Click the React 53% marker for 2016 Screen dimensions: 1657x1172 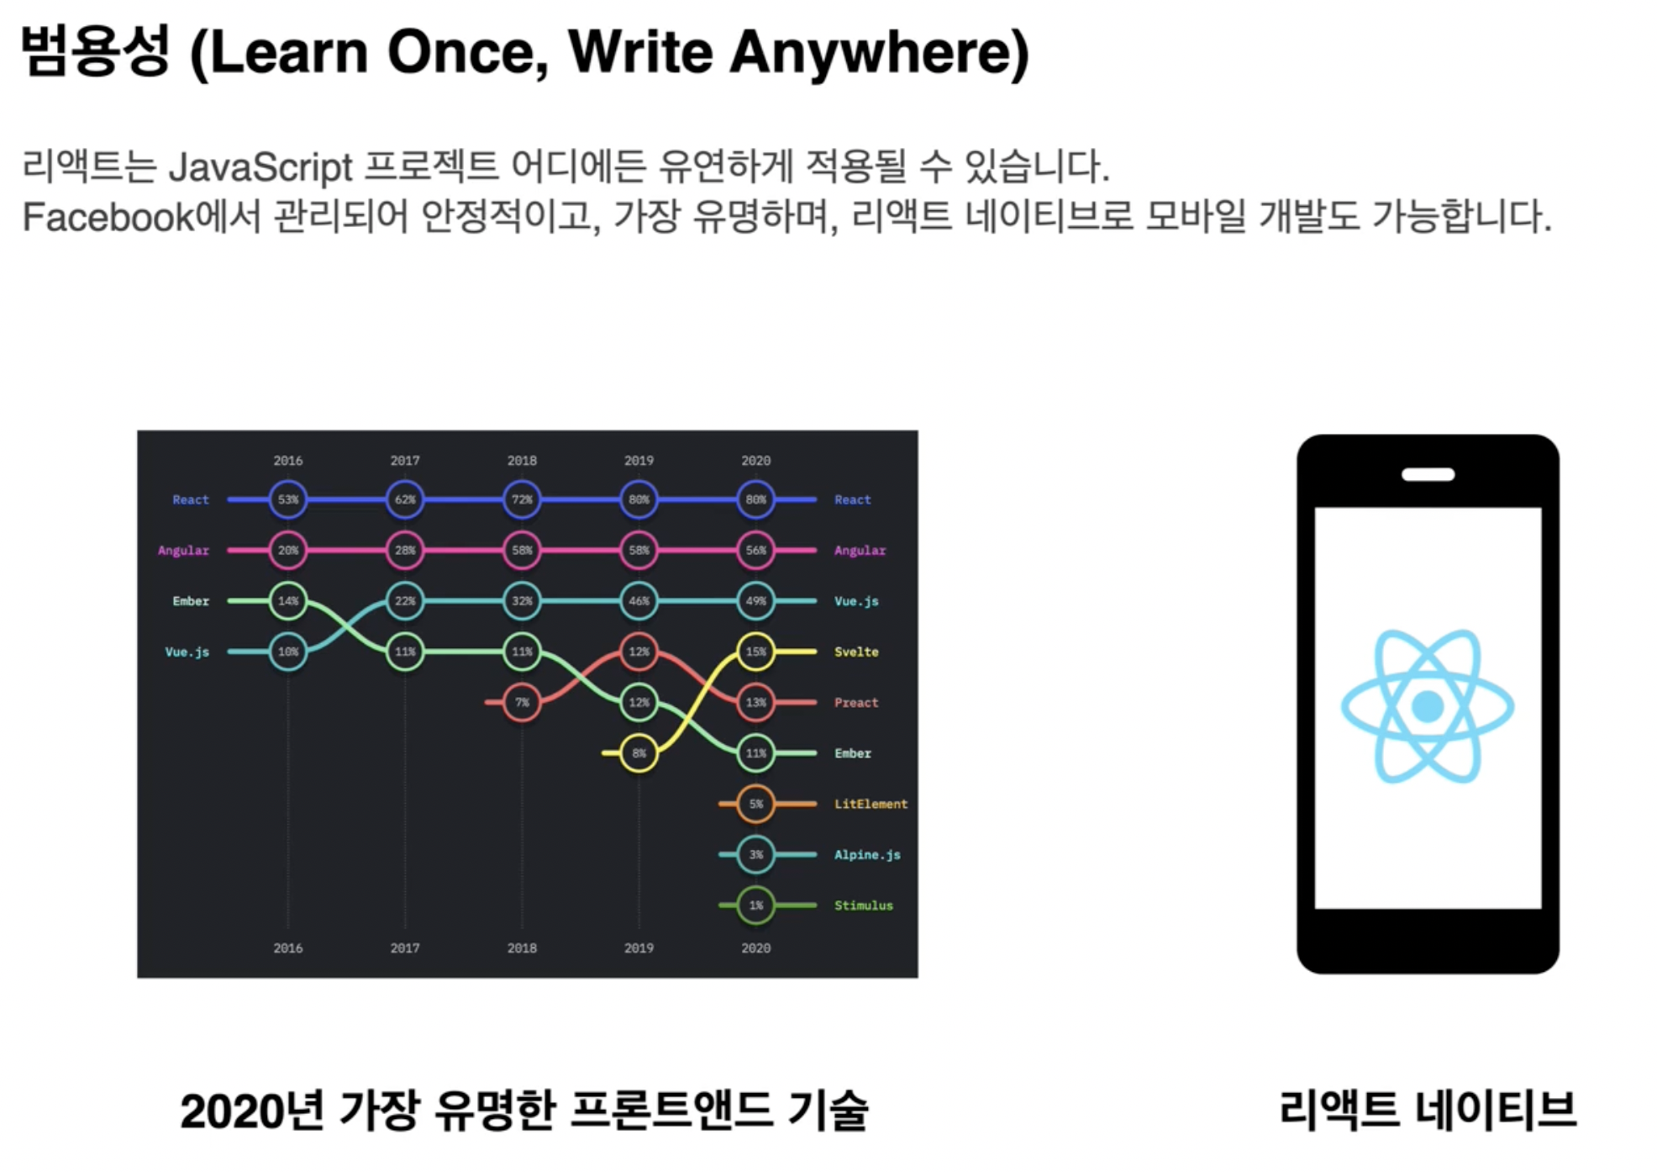click(x=288, y=499)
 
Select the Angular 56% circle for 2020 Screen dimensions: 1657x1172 click(x=755, y=550)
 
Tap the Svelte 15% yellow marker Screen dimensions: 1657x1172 click(x=755, y=652)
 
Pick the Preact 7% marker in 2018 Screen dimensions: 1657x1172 click(x=522, y=702)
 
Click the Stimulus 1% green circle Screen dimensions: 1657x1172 click(x=755, y=905)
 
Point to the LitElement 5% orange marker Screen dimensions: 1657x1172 click(x=755, y=804)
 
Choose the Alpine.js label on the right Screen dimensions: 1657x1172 click(x=867, y=855)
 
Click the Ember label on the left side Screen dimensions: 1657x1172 click(x=191, y=601)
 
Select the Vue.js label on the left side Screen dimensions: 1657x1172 click(x=187, y=652)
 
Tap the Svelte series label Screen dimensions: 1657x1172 click(x=856, y=652)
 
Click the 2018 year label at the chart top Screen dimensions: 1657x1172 click(x=522, y=461)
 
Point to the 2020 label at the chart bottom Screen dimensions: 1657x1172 click(x=755, y=948)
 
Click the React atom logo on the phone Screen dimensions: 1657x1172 click(x=1428, y=706)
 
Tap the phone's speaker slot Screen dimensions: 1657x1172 click(x=1428, y=474)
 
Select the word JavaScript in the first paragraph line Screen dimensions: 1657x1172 click(x=260, y=167)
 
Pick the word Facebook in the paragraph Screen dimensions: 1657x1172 click(x=108, y=217)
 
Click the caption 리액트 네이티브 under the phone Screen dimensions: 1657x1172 click(x=1428, y=1110)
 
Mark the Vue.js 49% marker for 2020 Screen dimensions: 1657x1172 click(x=755, y=601)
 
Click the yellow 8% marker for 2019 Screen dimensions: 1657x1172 click(x=639, y=753)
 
